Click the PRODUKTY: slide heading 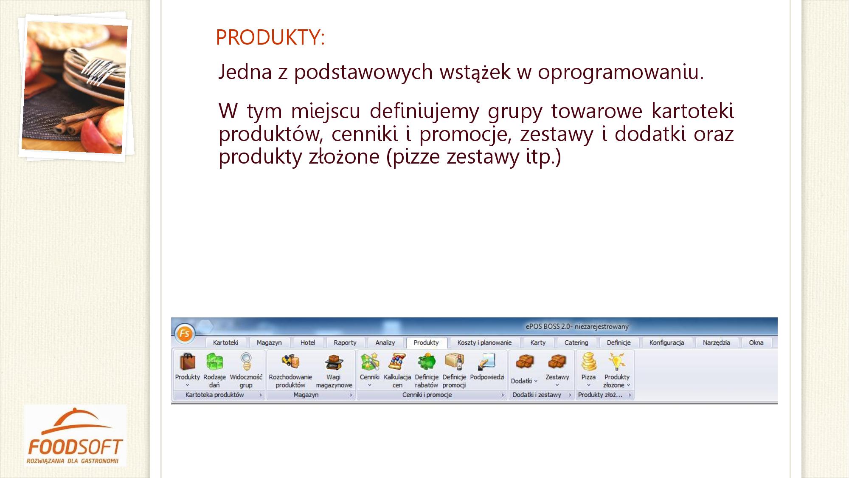pos(270,37)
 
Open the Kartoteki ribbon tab pos(225,342)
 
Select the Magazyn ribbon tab pos(269,342)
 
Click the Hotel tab pos(308,342)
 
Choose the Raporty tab pos(345,342)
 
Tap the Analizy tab pos(385,342)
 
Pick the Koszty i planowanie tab pos(484,342)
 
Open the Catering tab pos(576,342)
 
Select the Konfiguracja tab pos(666,342)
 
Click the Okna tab pos(756,342)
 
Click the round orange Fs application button pos(185,334)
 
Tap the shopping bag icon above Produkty pos(188,362)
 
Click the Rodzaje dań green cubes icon pos(214,362)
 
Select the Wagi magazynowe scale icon pos(334,362)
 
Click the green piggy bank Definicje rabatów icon pos(426,362)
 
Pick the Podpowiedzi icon pos(486,362)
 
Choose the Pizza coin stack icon pos(589,362)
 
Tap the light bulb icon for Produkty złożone pos(616,362)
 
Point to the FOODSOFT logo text pos(76,447)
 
